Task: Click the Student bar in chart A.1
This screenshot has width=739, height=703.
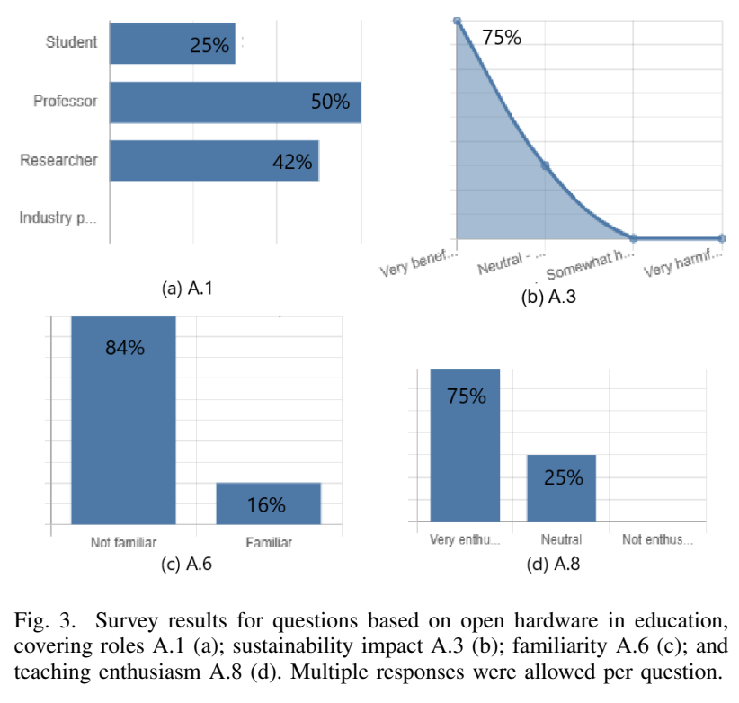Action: [172, 43]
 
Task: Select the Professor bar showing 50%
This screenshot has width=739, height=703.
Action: [235, 102]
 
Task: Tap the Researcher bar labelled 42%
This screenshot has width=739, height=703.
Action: [214, 161]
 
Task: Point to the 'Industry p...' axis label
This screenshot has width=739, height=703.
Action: [58, 218]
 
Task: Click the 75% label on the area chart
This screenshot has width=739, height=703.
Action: [501, 38]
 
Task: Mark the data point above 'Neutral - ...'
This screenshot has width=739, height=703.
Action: [545, 166]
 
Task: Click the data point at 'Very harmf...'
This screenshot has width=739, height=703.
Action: [723, 237]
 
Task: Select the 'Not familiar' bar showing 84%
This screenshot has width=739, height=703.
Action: [123, 418]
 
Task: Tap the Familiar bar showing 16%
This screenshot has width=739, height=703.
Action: [268, 503]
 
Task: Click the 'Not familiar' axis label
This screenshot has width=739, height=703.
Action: [124, 542]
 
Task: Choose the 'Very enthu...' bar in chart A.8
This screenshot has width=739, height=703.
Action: [465, 445]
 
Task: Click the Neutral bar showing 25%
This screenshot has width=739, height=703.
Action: [562, 487]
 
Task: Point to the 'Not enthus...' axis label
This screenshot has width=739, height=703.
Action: [658, 539]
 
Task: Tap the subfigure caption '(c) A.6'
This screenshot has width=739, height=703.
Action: [185, 565]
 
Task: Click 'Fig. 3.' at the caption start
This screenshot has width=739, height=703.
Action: [43, 621]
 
